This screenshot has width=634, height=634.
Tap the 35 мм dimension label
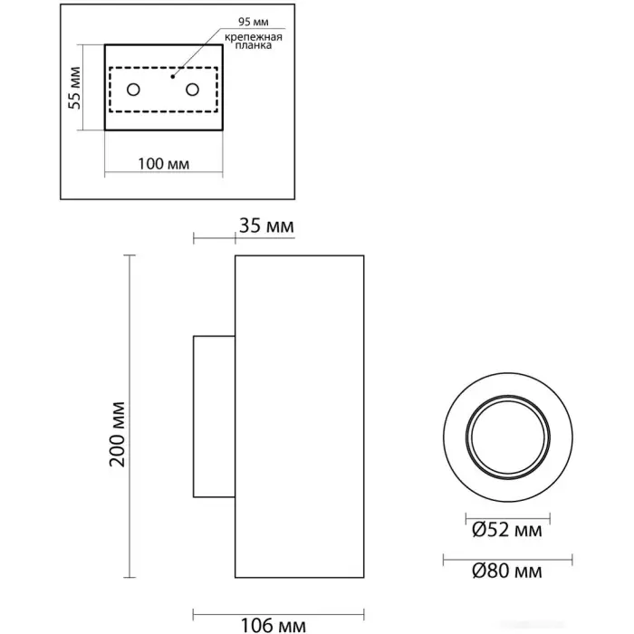[x=265, y=226]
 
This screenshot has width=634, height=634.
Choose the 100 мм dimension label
[x=163, y=163]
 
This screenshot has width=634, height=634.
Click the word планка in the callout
[x=251, y=49]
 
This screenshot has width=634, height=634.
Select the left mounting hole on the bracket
[x=133, y=90]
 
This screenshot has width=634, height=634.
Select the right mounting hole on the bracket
[x=192, y=90]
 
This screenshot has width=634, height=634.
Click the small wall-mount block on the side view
[x=214, y=417]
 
